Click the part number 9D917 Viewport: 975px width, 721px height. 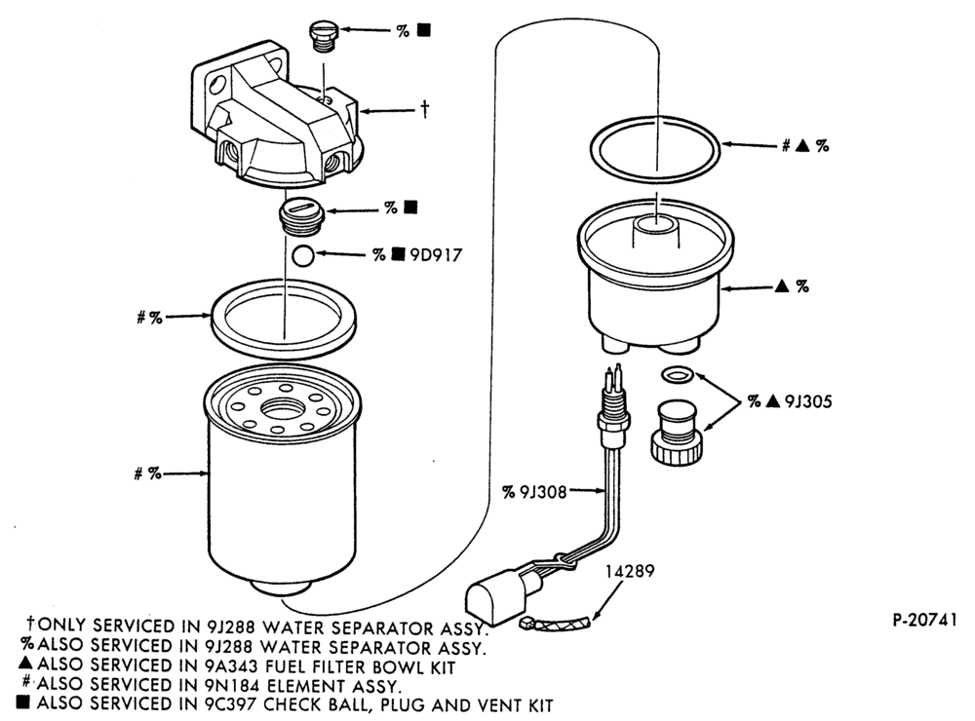(436, 255)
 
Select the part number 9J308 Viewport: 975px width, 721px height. (543, 492)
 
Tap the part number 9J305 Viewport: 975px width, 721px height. (807, 401)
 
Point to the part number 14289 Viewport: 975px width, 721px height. (631, 571)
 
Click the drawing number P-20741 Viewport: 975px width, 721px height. (924, 621)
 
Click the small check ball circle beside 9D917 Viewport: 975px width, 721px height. (303, 255)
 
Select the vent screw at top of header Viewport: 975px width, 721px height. (324, 37)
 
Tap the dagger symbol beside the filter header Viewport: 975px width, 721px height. (425, 110)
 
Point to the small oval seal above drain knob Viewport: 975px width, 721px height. (678, 374)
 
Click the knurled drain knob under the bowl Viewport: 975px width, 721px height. (679, 434)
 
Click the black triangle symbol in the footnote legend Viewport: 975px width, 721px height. (24, 664)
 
